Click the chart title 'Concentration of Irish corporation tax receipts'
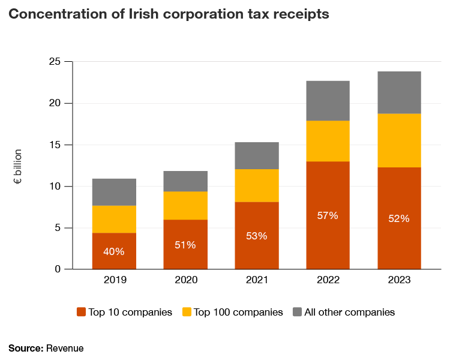point(169,15)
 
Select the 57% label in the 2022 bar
point(328,215)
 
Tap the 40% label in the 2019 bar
point(113,251)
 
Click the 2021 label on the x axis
point(256,280)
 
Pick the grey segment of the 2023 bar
point(399,92)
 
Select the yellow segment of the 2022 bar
point(328,141)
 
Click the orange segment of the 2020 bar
point(185,244)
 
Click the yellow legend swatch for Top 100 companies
point(187,312)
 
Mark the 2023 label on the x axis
point(399,280)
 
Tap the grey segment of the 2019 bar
point(113,192)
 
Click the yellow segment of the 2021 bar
point(256,185)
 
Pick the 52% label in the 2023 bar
point(399,219)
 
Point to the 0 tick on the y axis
point(58,269)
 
